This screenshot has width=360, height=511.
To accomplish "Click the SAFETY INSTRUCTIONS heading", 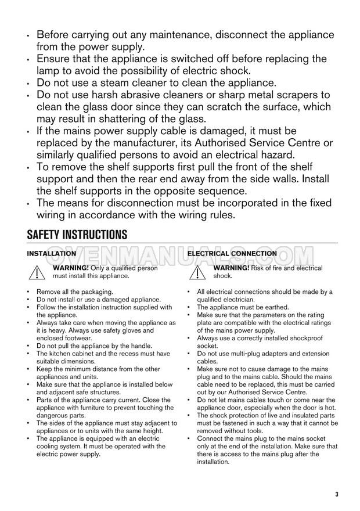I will pos(77,235).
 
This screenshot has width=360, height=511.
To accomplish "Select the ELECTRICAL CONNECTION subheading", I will pos(232,254).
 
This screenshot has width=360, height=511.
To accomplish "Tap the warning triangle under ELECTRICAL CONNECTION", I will pos(200,273).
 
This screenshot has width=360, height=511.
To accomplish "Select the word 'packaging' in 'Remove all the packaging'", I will pos(95,292).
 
